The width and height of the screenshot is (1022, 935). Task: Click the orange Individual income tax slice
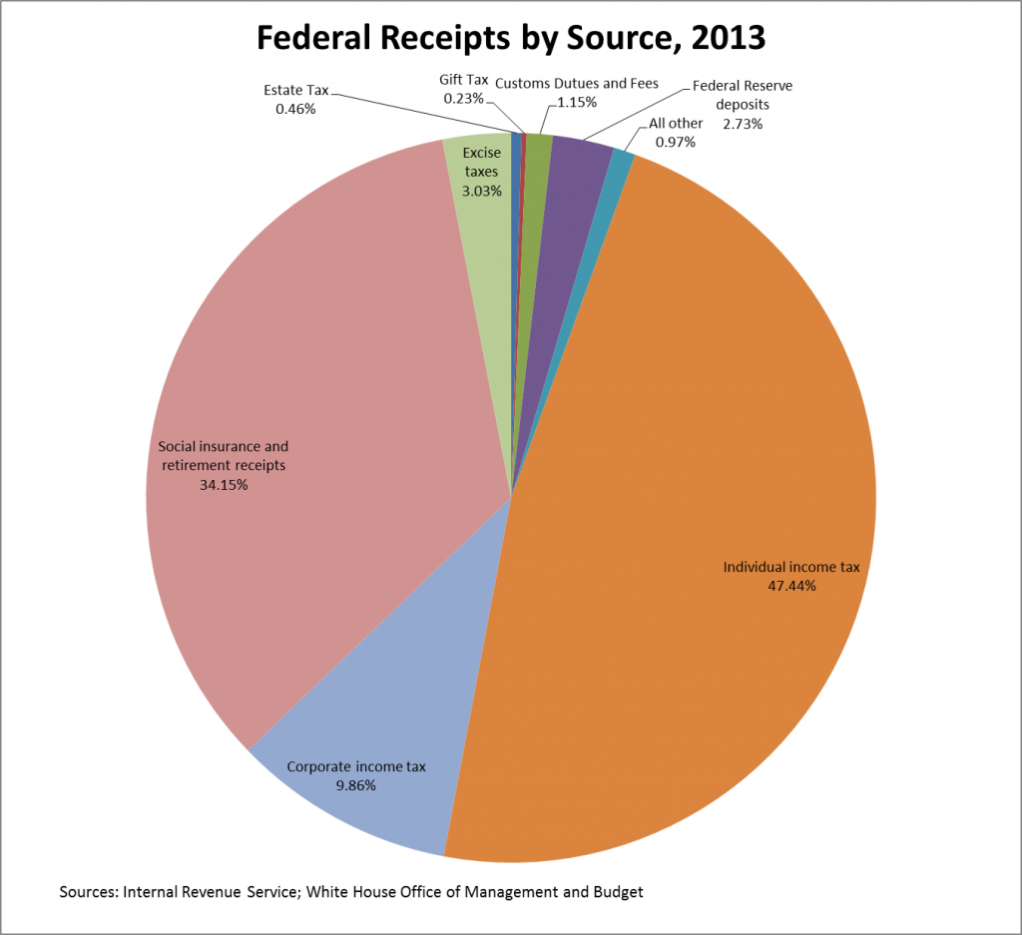click(x=699, y=449)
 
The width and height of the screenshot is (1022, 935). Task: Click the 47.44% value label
click(x=791, y=586)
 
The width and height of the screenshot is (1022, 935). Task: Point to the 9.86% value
click(x=356, y=785)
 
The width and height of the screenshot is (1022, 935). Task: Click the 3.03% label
click(x=481, y=191)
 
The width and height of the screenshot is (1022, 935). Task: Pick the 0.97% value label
click(x=676, y=142)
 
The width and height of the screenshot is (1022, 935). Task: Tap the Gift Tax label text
click(x=463, y=80)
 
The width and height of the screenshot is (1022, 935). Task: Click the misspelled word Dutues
click(x=583, y=83)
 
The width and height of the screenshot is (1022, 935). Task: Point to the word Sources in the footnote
click(x=88, y=891)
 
